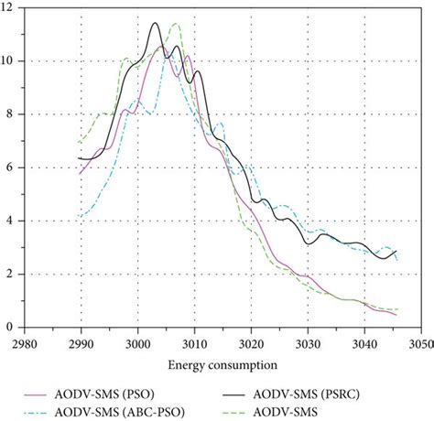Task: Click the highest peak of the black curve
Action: (155, 23)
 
